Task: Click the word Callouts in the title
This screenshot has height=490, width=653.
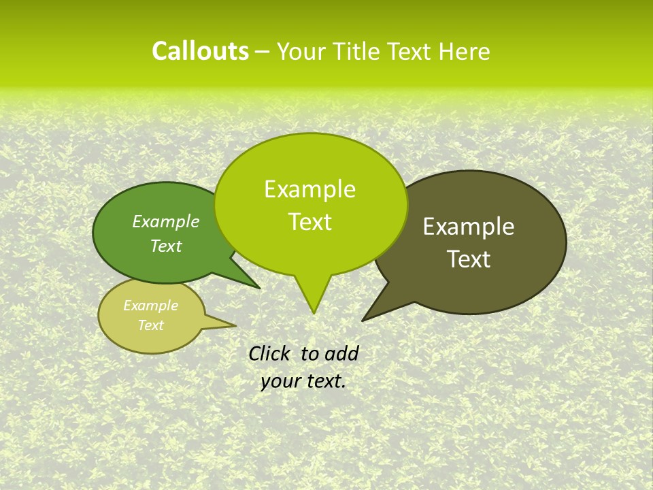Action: (x=200, y=51)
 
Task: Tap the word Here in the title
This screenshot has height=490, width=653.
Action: (x=465, y=52)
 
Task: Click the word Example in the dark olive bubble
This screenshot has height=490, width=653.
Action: (x=469, y=227)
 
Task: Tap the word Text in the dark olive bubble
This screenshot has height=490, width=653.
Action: (x=469, y=259)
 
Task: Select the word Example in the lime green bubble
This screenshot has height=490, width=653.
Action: (x=309, y=189)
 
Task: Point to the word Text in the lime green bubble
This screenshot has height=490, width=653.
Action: (x=309, y=222)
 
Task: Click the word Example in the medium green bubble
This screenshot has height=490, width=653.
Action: (x=166, y=221)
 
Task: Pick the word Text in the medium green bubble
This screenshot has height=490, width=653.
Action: (x=166, y=246)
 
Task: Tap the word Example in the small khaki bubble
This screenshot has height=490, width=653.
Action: (x=150, y=306)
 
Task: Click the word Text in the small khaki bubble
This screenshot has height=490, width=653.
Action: (x=150, y=325)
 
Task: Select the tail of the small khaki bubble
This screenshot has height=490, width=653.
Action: (x=231, y=326)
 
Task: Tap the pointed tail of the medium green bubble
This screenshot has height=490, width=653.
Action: (x=257, y=287)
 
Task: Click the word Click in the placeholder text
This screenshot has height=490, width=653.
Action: (x=270, y=353)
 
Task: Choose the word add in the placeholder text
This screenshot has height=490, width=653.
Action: (x=341, y=353)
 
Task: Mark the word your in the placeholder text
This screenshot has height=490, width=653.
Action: (x=280, y=381)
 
